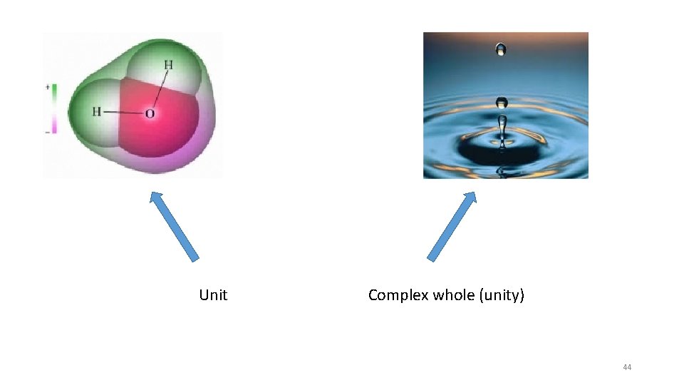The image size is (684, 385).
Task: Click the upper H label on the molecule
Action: coord(168,66)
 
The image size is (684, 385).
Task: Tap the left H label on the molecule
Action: coord(97,111)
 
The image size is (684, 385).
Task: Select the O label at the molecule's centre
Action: coord(150,113)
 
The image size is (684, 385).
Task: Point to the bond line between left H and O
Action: coord(123,112)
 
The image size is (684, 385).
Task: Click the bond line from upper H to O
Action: coord(160,89)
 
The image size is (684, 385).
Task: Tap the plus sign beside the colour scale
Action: coord(48,86)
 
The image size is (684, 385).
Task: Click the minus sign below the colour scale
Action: coord(48,132)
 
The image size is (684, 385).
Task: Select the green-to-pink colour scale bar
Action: coord(53,109)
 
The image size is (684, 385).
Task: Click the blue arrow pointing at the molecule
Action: coord(174,226)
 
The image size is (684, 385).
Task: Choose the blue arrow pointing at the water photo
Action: coord(452,226)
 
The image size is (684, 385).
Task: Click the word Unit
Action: coord(213,295)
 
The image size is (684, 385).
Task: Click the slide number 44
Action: coord(627,367)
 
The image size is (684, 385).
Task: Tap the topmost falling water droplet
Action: coord(502,50)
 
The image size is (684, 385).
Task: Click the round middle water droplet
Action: coord(502,102)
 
